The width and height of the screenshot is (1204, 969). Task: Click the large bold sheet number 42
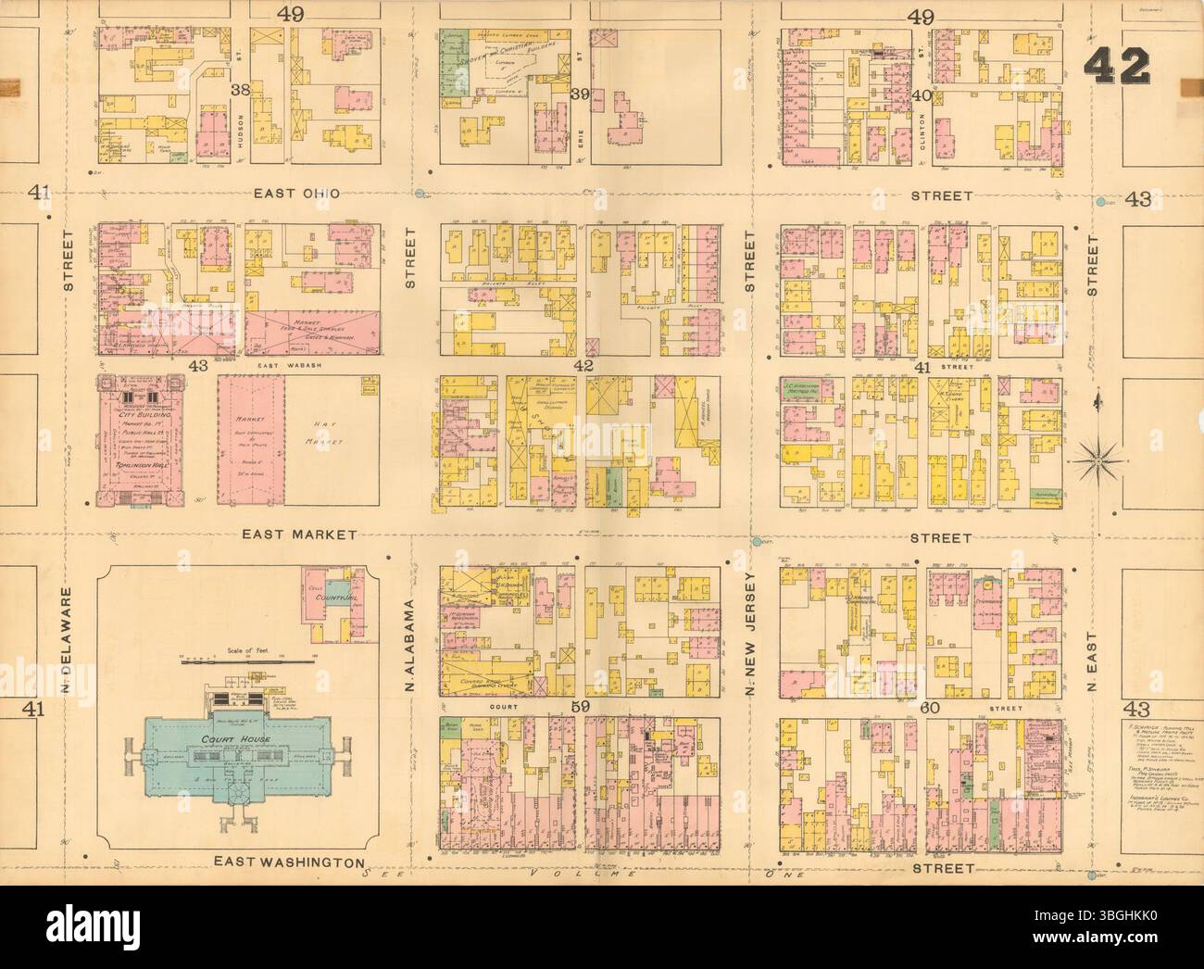1119,65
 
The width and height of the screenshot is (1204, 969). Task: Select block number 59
580,711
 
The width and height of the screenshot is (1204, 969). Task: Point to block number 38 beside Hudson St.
242,91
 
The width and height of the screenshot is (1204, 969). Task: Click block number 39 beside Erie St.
581,94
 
